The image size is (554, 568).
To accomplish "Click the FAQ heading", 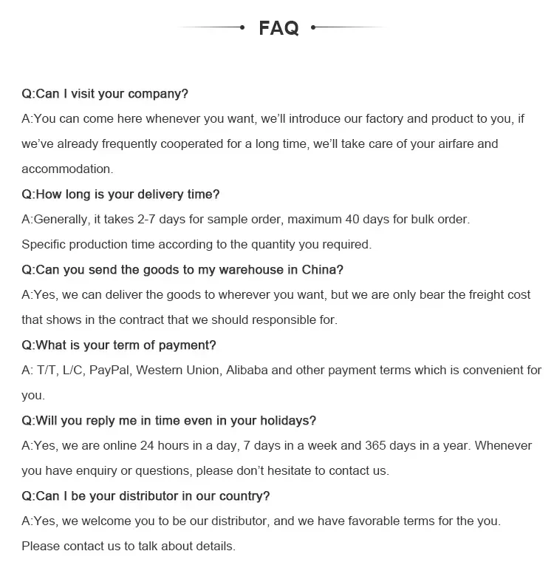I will point(278,29).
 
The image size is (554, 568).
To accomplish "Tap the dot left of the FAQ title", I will point(242,27).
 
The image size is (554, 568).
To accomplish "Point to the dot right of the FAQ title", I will point(314,27).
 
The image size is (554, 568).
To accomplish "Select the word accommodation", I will point(66,169).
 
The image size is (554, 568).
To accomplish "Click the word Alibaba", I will point(248,370).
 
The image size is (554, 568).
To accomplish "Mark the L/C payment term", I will point(72,370).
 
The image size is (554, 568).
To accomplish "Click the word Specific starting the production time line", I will point(46,244).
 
